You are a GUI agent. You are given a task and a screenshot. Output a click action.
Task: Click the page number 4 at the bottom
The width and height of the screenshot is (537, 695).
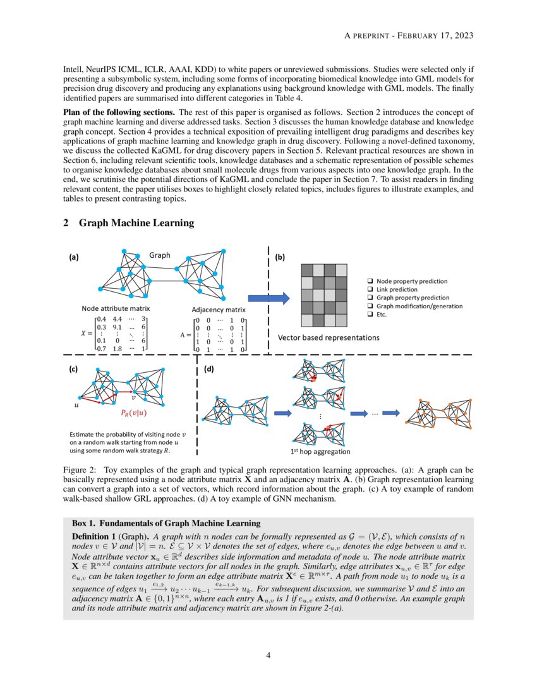[x=268, y=655]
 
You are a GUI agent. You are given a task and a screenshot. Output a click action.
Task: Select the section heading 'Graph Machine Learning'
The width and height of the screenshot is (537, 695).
[x=136, y=223]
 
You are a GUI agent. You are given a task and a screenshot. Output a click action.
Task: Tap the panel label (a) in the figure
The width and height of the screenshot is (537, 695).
[x=74, y=257]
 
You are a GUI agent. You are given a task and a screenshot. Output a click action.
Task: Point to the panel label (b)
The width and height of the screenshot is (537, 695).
[x=280, y=257]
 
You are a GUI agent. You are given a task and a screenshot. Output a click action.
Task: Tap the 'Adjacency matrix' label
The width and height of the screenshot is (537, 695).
[x=219, y=310]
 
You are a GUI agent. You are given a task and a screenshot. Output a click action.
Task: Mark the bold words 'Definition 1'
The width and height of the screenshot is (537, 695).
[x=95, y=536]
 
